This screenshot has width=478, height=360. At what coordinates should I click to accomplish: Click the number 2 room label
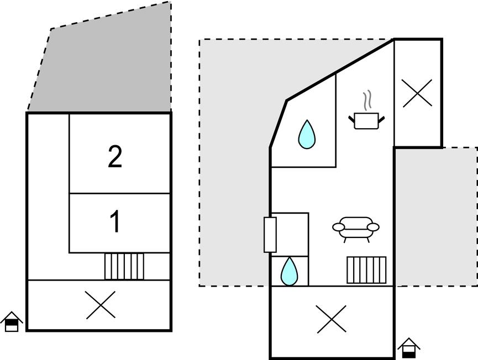point(115,157)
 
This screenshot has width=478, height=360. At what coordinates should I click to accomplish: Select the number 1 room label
point(115,222)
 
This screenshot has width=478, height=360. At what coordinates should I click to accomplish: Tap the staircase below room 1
point(124,266)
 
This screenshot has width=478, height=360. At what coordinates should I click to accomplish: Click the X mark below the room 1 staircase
point(101,305)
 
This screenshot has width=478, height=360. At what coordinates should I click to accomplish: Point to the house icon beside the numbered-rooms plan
point(12,321)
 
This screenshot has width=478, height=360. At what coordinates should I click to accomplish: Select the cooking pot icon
point(366,120)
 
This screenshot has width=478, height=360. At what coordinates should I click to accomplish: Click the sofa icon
point(356,229)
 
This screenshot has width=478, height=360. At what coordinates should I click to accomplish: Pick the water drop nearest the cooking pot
point(307,134)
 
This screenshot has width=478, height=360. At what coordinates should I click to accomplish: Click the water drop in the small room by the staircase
point(289,271)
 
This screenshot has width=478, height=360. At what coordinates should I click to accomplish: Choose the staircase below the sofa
point(366,270)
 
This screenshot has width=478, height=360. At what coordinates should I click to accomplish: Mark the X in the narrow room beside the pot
point(417,93)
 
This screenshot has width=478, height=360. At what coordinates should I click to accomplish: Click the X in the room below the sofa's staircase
point(332,319)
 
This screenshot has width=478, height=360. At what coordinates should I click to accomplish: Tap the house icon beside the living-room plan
point(409,348)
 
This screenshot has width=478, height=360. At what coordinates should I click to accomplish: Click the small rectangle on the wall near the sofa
point(270,235)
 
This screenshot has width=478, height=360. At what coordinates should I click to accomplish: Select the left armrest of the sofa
point(338,227)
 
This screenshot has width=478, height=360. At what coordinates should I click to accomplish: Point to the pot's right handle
point(381,119)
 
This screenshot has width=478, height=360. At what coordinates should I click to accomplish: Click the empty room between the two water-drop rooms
point(290,235)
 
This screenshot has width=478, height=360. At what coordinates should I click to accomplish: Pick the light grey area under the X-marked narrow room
point(437,217)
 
